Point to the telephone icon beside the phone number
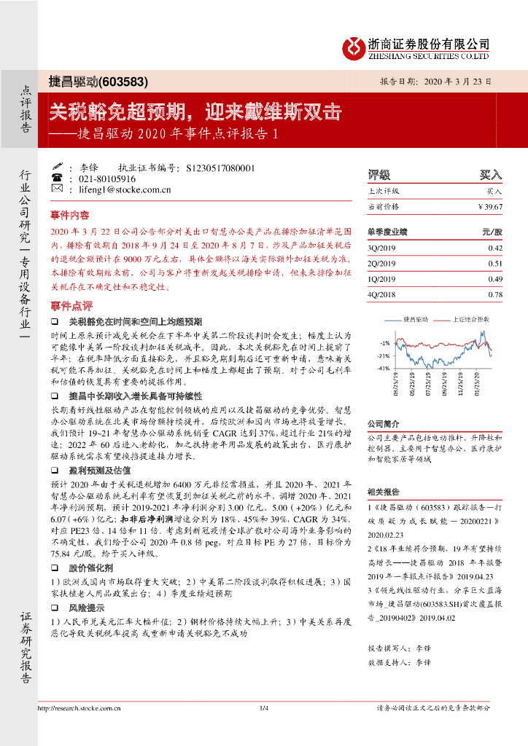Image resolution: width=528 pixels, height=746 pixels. (x=57, y=178)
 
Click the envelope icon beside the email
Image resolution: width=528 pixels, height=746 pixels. (x=57, y=189)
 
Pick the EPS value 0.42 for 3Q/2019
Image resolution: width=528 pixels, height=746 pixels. (x=495, y=248)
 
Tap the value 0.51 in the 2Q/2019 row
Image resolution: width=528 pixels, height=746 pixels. (x=495, y=264)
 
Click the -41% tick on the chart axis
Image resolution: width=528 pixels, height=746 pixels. (x=384, y=369)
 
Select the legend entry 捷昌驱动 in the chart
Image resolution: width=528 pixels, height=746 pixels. (x=416, y=319)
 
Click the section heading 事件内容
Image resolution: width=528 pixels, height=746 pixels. (x=70, y=216)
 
